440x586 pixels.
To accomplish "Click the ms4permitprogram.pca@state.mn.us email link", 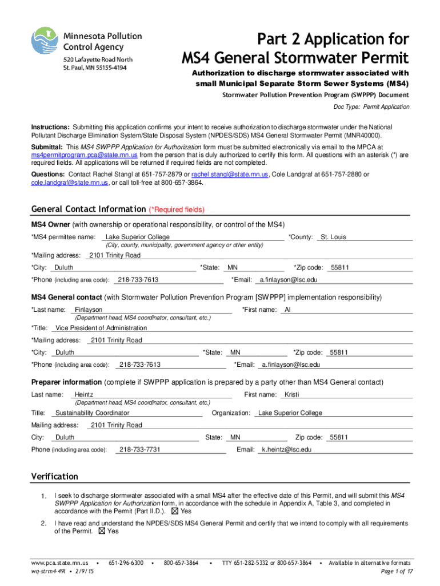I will click(x=84, y=155).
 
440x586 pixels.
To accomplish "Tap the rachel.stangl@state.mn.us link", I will click(x=229, y=175).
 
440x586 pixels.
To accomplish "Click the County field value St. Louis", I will click(x=333, y=237).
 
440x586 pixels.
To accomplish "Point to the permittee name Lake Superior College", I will click(x=137, y=237).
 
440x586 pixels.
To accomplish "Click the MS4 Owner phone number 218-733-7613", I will click(x=138, y=280).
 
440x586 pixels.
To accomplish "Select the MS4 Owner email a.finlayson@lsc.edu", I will click(x=288, y=280).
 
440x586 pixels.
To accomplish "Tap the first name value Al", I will click(x=288, y=310).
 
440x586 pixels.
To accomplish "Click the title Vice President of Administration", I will click(x=101, y=328).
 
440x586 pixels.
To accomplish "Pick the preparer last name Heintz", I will click(x=84, y=394).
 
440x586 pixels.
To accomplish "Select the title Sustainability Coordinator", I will click(x=92, y=413).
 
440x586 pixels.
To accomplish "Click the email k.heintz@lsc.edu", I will click(x=286, y=450).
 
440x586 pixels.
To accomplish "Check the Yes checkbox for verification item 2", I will click(x=102, y=531).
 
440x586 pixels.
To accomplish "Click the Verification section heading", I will click(x=54, y=477).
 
